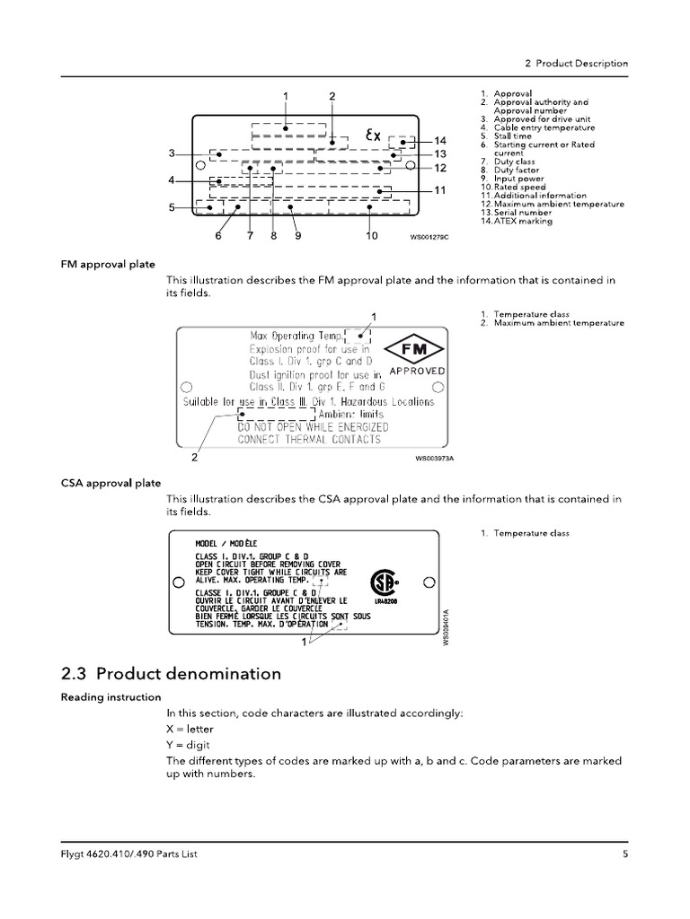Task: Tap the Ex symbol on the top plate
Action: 373,136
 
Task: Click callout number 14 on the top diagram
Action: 439,141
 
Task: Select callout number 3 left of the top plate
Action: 171,153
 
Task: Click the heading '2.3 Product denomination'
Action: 171,673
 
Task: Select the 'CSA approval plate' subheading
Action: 111,483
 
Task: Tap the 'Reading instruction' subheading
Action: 111,697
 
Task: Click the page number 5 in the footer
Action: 624,855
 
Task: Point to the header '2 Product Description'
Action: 575,64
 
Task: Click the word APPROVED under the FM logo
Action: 417,371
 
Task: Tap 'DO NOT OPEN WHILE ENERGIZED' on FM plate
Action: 309,426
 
